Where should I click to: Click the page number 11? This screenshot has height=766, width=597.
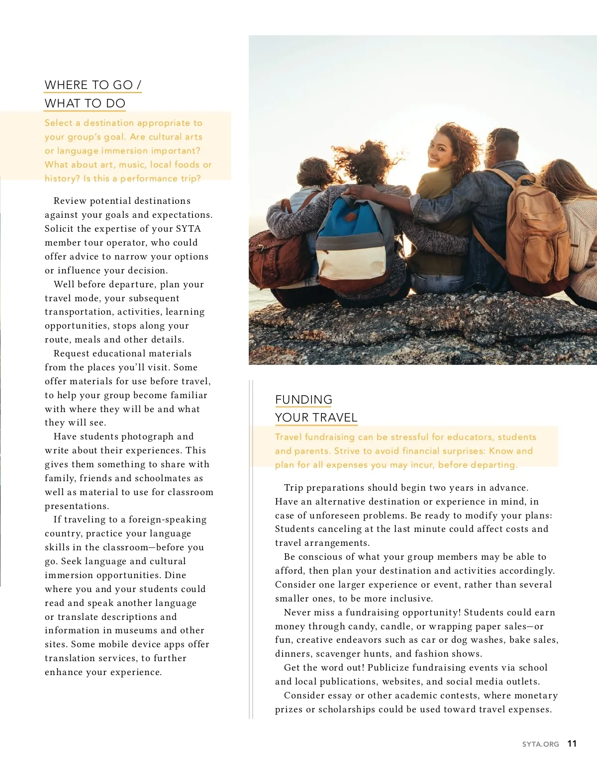pos(572,744)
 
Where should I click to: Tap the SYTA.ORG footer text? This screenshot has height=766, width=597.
pos(540,744)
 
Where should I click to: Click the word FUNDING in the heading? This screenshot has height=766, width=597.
pos(303,400)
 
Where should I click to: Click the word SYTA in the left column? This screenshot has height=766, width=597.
pos(188,229)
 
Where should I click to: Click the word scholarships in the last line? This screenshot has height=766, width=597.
pos(347,709)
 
